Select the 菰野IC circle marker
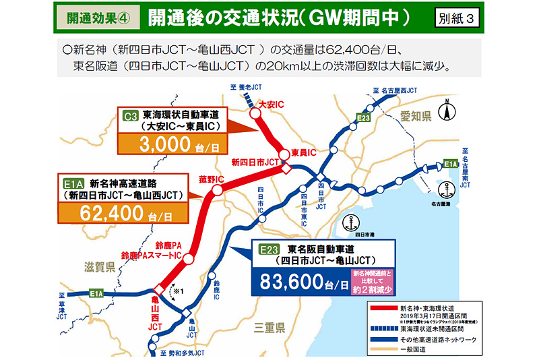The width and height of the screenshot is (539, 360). [x=217, y=191]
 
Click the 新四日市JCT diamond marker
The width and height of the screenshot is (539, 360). [x=285, y=169]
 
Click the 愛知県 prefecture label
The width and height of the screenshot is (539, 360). [x=416, y=115]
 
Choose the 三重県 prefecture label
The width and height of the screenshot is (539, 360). [x=269, y=328]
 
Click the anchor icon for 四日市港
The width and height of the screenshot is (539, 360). [x=348, y=220]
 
